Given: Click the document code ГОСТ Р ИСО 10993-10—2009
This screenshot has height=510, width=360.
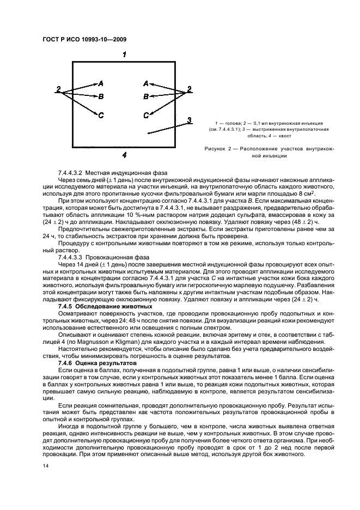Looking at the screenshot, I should tap(81, 40).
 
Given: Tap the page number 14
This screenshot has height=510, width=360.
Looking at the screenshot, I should tap(45, 466).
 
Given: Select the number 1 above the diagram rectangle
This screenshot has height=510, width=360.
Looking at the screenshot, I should tap(125, 54).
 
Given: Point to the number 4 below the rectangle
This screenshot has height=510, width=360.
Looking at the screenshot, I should tap(125, 155).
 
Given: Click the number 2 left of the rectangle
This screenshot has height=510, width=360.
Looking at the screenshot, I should tap(58, 89).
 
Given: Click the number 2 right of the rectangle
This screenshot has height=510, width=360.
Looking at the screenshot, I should tap(190, 89).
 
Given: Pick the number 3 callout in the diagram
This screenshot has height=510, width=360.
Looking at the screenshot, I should tap(188, 120).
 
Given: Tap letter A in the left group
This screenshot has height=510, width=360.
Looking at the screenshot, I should tap(101, 83).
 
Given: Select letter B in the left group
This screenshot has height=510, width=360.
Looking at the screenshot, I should tap(101, 96).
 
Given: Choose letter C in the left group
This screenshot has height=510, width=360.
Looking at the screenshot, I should tap(101, 115).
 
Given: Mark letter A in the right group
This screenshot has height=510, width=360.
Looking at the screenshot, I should tap(145, 83).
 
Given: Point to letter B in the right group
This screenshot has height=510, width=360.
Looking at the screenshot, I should tap(145, 96).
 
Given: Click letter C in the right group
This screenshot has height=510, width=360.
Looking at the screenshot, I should tap(146, 115).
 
